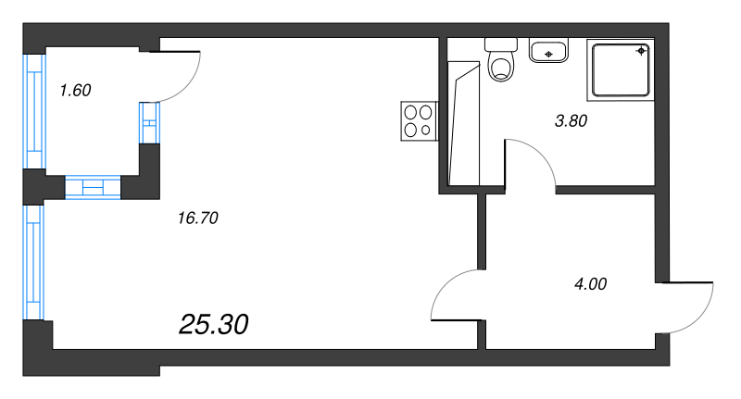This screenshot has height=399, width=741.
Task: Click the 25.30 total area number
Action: click(x=213, y=324)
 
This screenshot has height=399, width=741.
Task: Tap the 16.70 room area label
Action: click(x=195, y=218)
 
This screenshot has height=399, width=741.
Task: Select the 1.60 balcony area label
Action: click(x=74, y=91)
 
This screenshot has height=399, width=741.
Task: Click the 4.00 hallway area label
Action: click(x=590, y=284)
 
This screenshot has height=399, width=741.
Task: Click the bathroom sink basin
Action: click(x=549, y=51)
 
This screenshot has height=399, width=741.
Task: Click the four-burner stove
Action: click(x=418, y=119)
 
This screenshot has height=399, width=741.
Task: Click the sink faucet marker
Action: click(x=549, y=55)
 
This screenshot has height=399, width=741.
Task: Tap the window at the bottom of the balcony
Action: click(x=92, y=188)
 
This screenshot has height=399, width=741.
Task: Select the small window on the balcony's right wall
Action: click(x=149, y=122)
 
